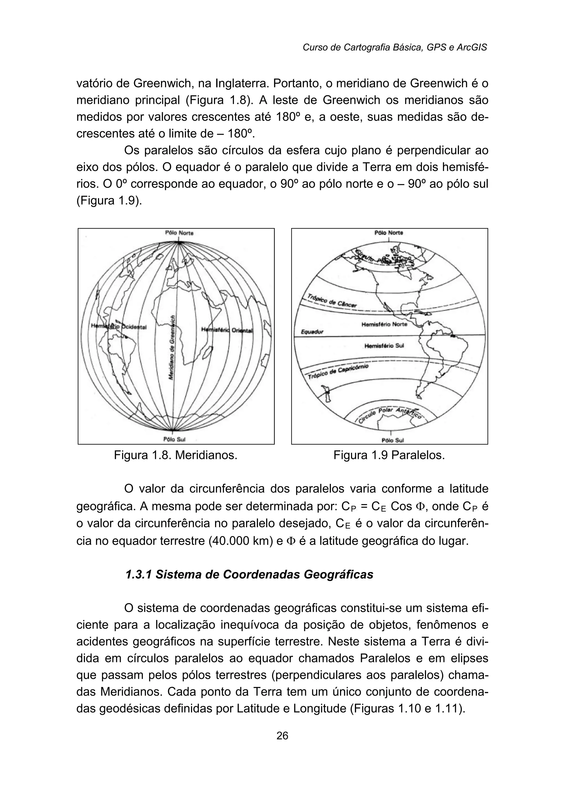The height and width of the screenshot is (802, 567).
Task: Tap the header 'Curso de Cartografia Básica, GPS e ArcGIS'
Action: pos(395,47)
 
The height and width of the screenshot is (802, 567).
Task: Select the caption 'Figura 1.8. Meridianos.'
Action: pos(176,455)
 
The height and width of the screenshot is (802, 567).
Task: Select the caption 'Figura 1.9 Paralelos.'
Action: pos(389,455)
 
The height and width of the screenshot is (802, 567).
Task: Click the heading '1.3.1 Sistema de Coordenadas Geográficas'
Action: pos(249,574)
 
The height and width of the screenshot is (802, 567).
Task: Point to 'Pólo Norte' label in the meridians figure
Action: pos(179,233)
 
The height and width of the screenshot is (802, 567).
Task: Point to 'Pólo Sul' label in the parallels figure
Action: pos(393,440)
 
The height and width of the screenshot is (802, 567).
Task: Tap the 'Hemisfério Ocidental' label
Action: pos(119,327)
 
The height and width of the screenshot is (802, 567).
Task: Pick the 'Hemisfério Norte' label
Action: pos(384,324)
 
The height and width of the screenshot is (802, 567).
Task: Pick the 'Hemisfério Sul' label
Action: pos(384,346)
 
